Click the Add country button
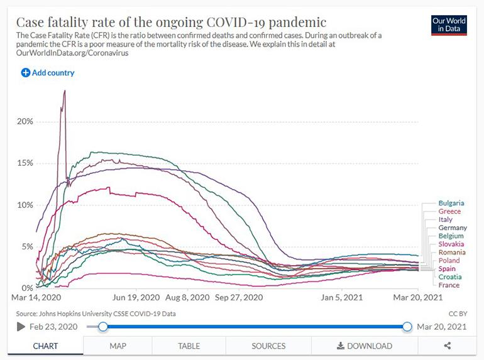tap(48, 73)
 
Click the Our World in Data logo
tap(449, 25)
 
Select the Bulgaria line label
tap(451, 203)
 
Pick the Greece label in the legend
tap(449, 212)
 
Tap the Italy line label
tap(446, 220)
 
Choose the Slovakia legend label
tap(451, 244)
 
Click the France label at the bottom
tap(449, 285)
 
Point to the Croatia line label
tap(449, 277)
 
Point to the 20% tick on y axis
tap(25, 121)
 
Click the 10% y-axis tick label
tap(25, 205)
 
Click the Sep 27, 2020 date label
tap(239, 297)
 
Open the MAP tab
tap(118, 346)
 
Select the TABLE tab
tap(189, 346)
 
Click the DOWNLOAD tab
tap(365, 346)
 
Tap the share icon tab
tap(448, 346)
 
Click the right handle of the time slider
tap(407, 327)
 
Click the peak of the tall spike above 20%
tap(65, 90)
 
